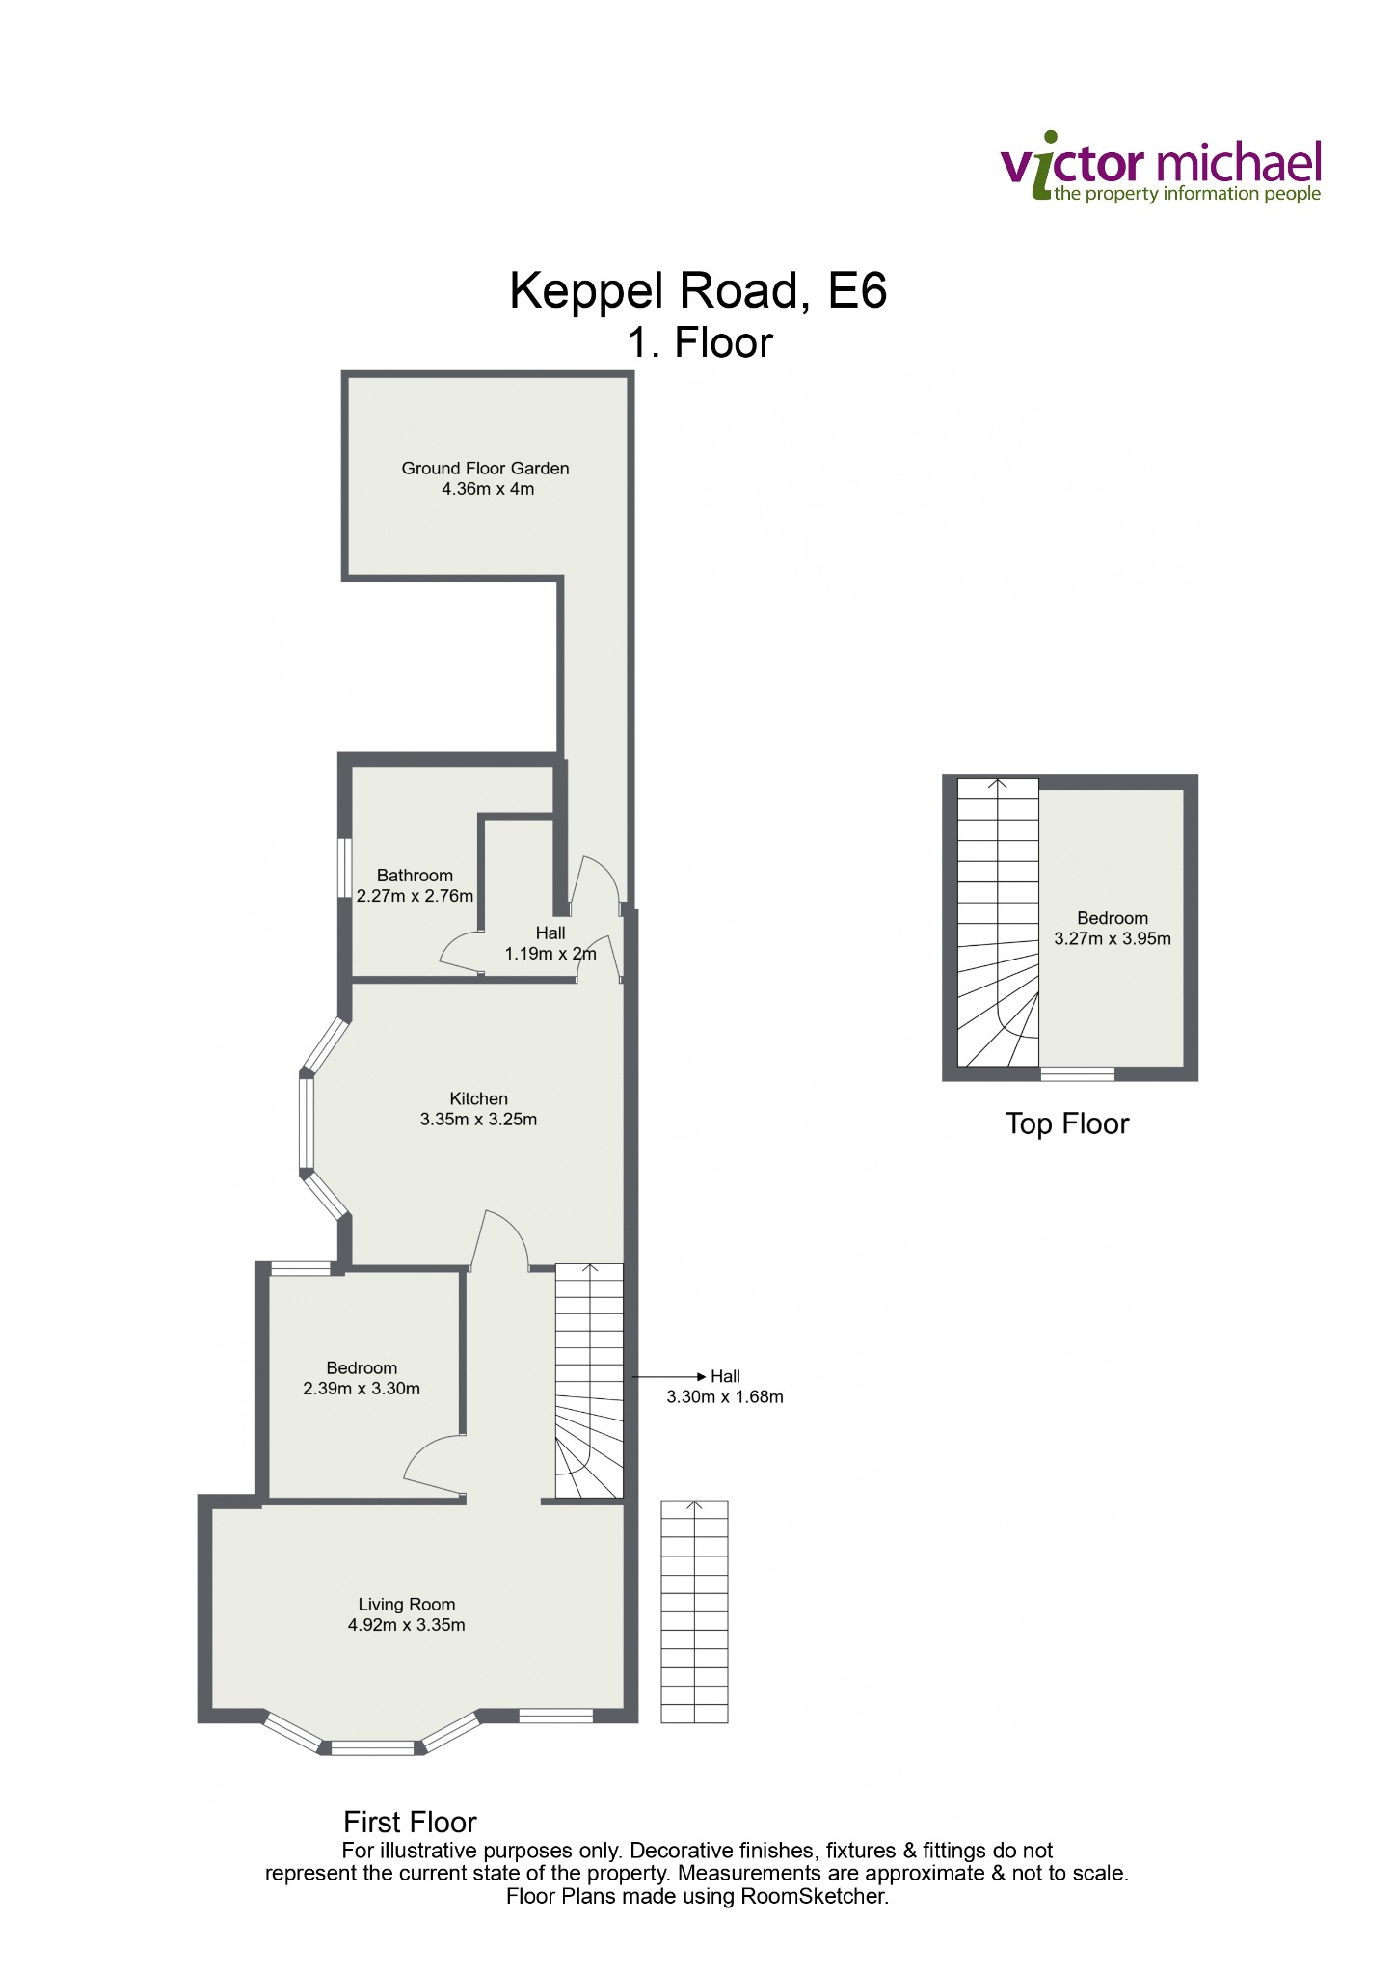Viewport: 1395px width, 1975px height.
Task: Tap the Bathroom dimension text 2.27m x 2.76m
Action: click(415, 896)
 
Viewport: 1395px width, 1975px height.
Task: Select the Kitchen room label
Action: click(478, 1098)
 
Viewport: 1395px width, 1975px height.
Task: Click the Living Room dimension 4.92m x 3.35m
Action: click(406, 1625)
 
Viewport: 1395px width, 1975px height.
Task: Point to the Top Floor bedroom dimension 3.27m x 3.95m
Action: click(1113, 938)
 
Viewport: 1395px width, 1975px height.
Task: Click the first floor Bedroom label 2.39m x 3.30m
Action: click(362, 1378)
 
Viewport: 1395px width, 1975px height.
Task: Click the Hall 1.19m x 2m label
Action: click(550, 943)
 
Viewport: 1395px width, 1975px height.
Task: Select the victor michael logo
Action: click(1161, 168)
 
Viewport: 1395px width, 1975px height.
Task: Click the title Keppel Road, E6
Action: click(698, 289)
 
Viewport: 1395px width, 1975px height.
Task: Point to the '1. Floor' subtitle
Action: click(700, 343)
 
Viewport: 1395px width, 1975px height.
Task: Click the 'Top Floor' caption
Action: click(1066, 1123)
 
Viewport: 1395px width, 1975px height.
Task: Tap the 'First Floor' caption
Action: click(410, 1822)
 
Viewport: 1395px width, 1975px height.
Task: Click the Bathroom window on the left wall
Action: click(342, 868)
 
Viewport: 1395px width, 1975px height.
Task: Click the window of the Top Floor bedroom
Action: click(1078, 1073)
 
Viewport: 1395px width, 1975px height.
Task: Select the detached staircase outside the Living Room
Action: click(694, 1611)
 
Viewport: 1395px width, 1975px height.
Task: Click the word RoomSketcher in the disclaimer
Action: click(814, 1896)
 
